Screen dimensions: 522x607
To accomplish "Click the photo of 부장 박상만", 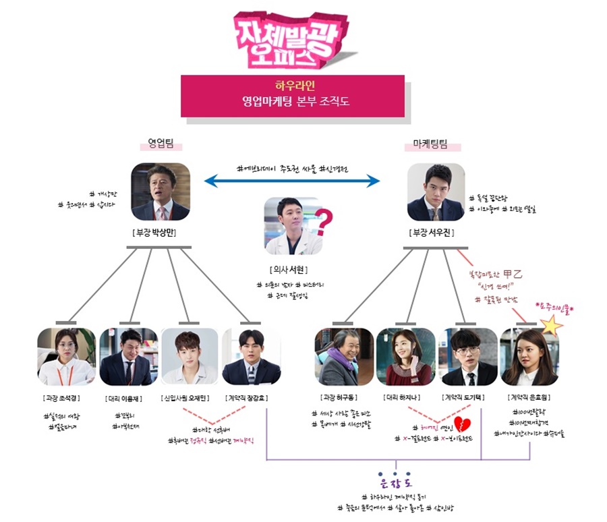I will tap(161, 192).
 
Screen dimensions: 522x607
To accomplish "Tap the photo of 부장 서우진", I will tap(436, 192).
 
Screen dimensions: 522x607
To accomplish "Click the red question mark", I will tap(325, 221).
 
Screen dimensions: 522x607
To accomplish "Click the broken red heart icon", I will tap(462, 424).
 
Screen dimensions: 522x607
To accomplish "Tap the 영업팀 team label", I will tap(161, 143).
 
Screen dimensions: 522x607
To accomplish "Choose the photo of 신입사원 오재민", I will tap(190, 357).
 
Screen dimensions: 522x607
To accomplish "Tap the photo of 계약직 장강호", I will tap(251, 357).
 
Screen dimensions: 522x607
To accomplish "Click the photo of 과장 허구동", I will tap(344, 357).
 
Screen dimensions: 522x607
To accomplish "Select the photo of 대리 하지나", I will tap(405, 357).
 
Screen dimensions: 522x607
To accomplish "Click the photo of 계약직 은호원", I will tap(529, 357).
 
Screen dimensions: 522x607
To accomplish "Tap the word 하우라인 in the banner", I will tap(292, 87).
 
